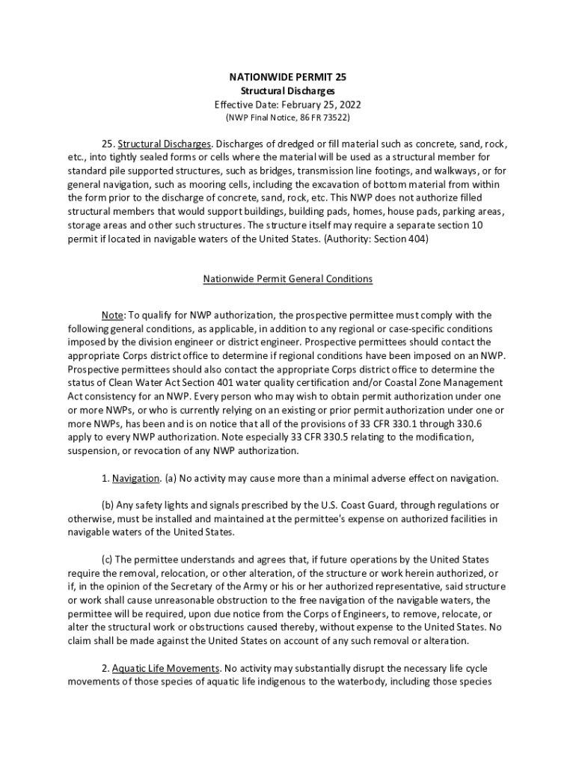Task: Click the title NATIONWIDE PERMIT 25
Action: click(x=287, y=77)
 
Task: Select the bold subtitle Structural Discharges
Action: click(x=287, y=91)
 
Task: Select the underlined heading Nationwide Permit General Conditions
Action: click(x=287, y=279)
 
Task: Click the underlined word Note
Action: click(x=113, y=315)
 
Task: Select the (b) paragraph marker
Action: click(x=108, y=505)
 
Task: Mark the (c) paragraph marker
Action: click(x=108, y=560)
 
